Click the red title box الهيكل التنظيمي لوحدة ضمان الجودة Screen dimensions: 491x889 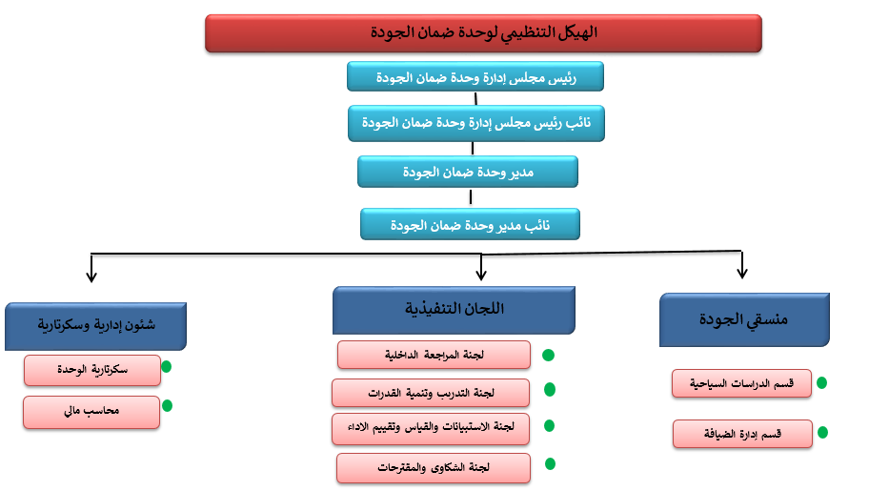[x=483, y=33]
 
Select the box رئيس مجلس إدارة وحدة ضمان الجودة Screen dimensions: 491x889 [x=475, y=76]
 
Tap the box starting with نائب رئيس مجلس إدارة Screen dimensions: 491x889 [x=475, y=123]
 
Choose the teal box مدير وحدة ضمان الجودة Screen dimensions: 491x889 [x=468, y=172]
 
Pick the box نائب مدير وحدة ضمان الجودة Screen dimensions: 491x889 [x=470, y=224]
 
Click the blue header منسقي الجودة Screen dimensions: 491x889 [x=743, y=319]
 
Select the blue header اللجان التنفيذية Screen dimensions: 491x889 [x=454, y=309]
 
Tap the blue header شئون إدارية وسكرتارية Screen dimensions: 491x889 [x=94, y=325]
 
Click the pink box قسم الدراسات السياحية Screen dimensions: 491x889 [x=741, y=383]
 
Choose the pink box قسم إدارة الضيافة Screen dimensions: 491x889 [x=742, y=433]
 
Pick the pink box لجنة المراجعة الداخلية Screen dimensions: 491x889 [x=434, y=355]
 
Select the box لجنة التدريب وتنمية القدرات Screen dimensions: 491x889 [x=431, y=392]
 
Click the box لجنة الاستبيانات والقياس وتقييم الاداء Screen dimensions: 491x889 [x=431, y=428]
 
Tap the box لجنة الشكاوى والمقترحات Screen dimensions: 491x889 [x=434, y=467]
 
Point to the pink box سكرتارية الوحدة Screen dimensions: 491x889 [x=92, y=369]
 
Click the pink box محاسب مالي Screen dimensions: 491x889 [x=92, y=411]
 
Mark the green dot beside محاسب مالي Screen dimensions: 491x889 [x=167, y=405]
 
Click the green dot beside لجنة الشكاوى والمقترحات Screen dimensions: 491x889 [x=550, y=463]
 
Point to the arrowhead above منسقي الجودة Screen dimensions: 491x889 [x=741, y=274]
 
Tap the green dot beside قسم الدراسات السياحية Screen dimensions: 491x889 [x=821, y=382]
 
